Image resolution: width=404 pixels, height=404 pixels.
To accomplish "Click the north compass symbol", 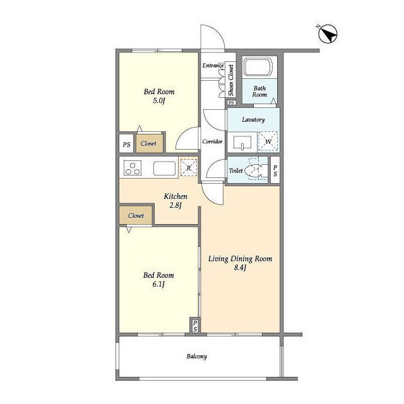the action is coord(328,34).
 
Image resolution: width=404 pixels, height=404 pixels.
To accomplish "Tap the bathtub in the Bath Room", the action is coord(258,67).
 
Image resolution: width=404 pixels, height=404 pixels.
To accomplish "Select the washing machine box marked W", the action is coord(268,141).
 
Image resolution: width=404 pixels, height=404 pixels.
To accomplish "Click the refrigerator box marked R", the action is coord(189,168).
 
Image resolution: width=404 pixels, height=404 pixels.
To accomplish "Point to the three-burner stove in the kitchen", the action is coord(133,168).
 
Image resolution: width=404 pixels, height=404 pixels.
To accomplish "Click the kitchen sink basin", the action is coord(164,169).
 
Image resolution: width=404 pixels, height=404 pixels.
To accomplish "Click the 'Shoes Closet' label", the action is coord(231,80).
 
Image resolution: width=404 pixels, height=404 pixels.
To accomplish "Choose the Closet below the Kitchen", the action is coord(136,215).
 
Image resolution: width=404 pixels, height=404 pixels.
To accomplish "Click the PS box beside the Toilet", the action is coord(275,170).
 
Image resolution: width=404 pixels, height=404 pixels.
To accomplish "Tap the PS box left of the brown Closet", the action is coord(126,144).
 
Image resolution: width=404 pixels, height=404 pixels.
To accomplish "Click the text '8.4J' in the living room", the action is coord(240,268).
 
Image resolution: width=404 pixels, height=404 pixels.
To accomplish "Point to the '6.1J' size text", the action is coord(158,284).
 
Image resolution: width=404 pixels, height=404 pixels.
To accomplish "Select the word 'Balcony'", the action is coord(196,356).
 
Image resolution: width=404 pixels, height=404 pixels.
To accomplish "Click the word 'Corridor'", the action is coord(212,141).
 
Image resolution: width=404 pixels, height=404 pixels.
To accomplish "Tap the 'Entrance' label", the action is coord(213,66).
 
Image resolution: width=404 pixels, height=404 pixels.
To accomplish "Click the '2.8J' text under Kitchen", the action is coord(175,205).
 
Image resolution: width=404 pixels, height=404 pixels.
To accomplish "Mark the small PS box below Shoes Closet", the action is coord(231,102).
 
